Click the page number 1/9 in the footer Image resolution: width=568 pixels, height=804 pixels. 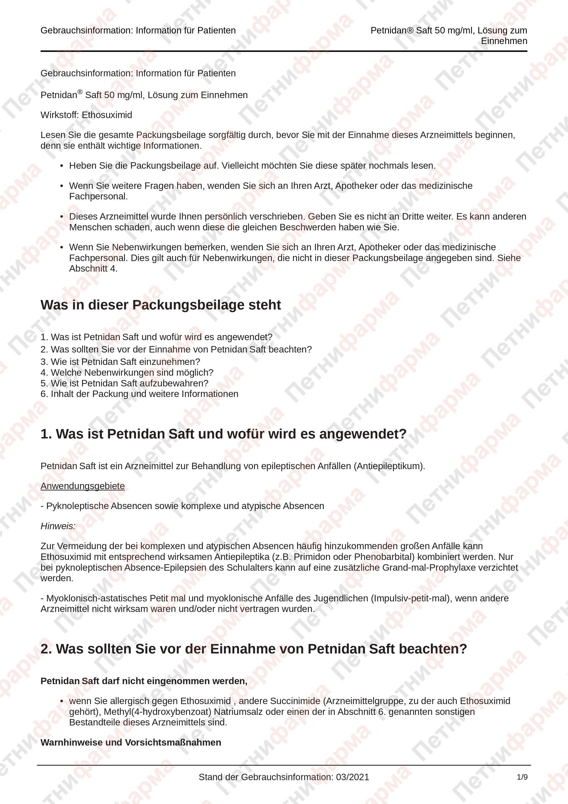coord(522,777)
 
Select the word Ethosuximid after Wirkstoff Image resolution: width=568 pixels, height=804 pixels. coord(107,115)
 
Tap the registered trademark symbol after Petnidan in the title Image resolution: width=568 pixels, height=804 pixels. coord(80,92)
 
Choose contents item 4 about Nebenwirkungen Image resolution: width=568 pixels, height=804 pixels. coord(127,373)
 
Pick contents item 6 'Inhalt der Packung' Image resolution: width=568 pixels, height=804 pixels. coord(139,394)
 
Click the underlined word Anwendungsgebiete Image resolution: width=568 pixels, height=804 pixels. coord(83,486)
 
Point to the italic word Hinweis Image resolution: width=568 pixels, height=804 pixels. coord(58,526)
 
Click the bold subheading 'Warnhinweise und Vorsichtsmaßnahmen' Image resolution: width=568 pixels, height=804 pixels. coord(131,742)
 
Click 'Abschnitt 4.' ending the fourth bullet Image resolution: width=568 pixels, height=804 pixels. coord(93,269)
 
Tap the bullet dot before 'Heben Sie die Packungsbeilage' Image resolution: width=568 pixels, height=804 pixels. coord(62,166)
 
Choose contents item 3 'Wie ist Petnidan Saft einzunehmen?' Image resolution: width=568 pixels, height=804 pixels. coord(120,362)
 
